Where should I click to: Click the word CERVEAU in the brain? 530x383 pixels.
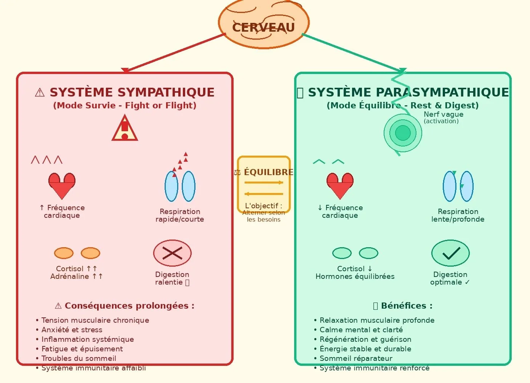tap(263, 27)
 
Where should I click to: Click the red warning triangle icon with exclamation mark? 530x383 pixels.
tap(125, 129)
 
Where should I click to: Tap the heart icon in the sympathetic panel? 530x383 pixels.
tap(62, 185)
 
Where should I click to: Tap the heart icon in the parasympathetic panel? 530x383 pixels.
tap(340, 185)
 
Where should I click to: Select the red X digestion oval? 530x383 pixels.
tap(172, 253)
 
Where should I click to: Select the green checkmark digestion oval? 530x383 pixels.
tap(450, 253)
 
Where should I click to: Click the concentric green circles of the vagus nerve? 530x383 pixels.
tap(403, 133)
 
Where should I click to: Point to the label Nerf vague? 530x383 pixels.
tap(444, 114)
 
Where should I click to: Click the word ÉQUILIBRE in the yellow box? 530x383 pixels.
tap(268, 172)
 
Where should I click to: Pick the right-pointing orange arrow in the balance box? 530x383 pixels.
tap(264, 183)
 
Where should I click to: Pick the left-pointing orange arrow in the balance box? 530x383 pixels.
tap(264, 194)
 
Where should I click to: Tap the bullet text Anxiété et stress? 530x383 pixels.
tap(72, 330)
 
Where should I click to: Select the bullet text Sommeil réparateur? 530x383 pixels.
tap(356, 359)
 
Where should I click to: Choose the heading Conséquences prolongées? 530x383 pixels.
tap(129, 306)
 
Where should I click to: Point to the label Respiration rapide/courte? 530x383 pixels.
tap(180, 216)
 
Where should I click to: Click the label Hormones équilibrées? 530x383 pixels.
tap(355, 277)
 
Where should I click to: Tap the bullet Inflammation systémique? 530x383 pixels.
tap(88, 340)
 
